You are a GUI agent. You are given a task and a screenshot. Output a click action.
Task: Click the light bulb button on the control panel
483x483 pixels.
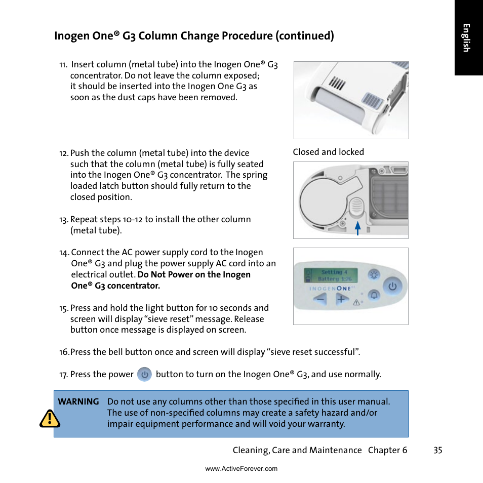coord(374,274)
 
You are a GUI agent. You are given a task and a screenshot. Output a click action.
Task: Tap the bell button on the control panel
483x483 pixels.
coord(374,295)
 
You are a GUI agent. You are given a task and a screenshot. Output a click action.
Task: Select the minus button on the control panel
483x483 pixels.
coord(319,299)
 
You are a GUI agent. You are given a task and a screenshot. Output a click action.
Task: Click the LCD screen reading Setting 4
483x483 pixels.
coord(331,275)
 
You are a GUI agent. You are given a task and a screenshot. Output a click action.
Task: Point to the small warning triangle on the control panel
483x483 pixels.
coord(356,302)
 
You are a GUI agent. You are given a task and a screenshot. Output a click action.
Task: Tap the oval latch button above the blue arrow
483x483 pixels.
coord(356,207)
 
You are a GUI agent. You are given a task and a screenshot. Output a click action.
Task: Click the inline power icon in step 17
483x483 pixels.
coord(145,374)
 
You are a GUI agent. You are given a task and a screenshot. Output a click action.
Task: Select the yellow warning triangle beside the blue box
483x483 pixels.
coord(50,419)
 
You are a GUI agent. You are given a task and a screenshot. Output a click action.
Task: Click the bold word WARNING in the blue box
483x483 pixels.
coord(78,401)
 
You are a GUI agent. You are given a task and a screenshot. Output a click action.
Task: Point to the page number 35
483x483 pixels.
coord(437,450)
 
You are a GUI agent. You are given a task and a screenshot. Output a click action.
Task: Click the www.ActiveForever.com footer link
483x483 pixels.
coord(241,469)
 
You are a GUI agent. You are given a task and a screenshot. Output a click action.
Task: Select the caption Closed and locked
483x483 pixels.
coord(328,152)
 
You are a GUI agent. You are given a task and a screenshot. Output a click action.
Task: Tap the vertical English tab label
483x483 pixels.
coord(466,38)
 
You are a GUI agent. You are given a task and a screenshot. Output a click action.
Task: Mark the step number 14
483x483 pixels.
coord(64,253)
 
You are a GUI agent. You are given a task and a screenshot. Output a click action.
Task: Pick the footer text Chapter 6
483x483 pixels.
coord(387,450)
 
